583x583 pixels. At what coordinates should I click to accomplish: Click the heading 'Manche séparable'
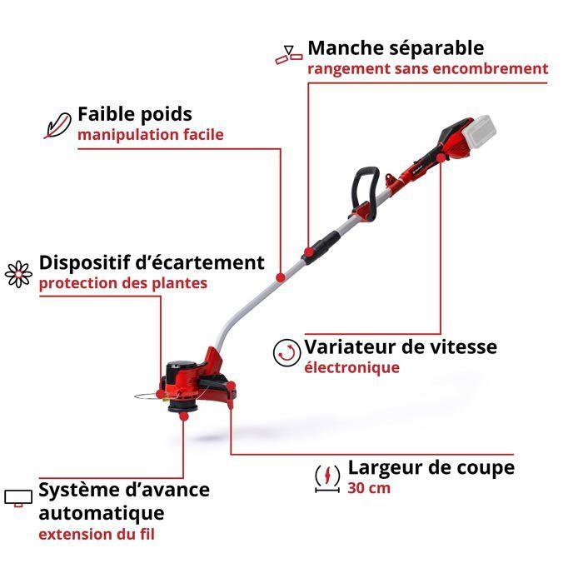(x=396, y=47)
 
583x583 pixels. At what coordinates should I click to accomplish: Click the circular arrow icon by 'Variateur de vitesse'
(x=286, y=353)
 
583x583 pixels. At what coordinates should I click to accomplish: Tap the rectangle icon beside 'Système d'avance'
(x=17, y=498)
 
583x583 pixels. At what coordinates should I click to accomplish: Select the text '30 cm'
(x=369, y=488)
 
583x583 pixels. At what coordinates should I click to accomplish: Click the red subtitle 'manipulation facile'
(x=150, y=134)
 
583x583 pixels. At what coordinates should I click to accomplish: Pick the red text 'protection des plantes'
(x=122, y=282)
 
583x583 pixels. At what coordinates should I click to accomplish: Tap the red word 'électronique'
(x=351, y=367)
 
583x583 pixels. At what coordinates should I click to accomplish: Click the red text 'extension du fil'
(x=96, y=534)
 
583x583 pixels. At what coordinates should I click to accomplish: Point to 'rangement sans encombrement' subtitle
(x=428, y=68)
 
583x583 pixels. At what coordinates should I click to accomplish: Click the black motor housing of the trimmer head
(x=181, y=371)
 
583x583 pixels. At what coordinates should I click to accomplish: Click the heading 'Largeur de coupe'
(x=431, y=467)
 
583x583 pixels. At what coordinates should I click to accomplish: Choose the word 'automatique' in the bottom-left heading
(x=101, y=512)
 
